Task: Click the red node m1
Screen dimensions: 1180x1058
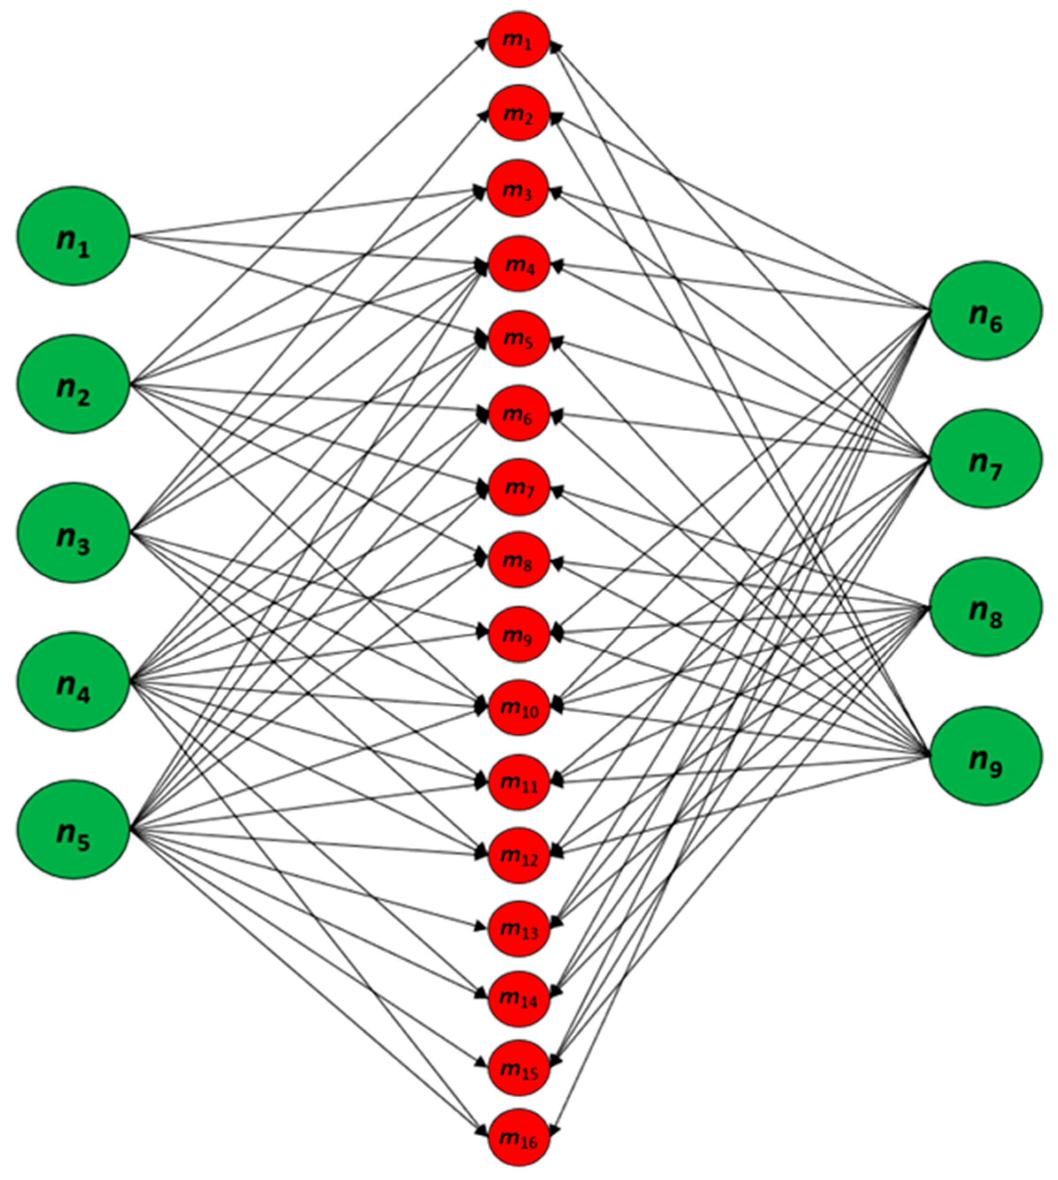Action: (519, 39)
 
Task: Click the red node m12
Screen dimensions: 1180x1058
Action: (519, 856)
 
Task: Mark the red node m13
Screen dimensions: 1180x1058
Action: (519, 929)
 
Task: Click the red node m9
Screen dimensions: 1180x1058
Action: (519, 634)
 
